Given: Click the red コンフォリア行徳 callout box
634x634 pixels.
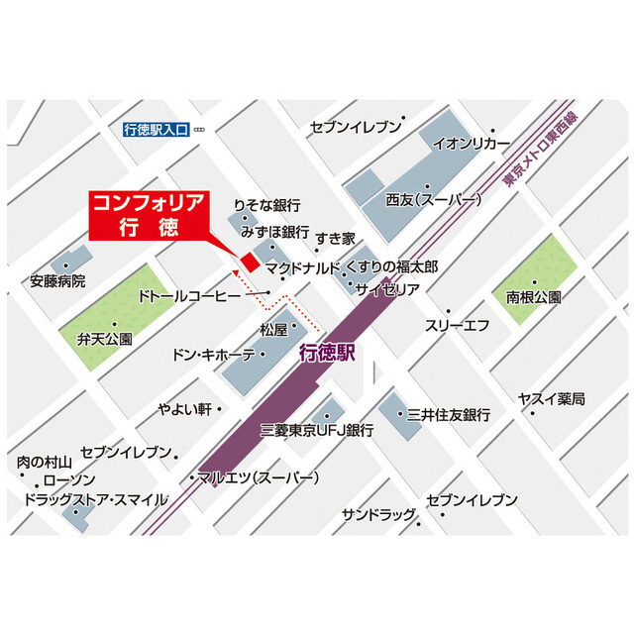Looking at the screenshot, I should [150, 213].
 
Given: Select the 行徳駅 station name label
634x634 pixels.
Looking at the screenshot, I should [326, 352].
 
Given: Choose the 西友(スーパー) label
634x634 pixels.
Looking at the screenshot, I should [434, 200].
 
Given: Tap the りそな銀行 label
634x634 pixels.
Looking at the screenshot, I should [266, 206].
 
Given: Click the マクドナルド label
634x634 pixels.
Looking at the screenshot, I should [302, 267].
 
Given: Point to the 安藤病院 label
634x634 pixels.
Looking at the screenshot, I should [57, 281].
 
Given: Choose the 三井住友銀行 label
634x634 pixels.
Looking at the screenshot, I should [449, 415].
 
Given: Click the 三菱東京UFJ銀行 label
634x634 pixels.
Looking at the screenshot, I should [316, 430].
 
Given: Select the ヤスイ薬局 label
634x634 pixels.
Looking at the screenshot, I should [552, 398].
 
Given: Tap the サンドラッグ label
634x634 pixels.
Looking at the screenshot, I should [378, 515].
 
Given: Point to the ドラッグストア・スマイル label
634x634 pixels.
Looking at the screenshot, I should [96, 499].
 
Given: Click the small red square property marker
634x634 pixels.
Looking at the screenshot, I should [250, 263].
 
